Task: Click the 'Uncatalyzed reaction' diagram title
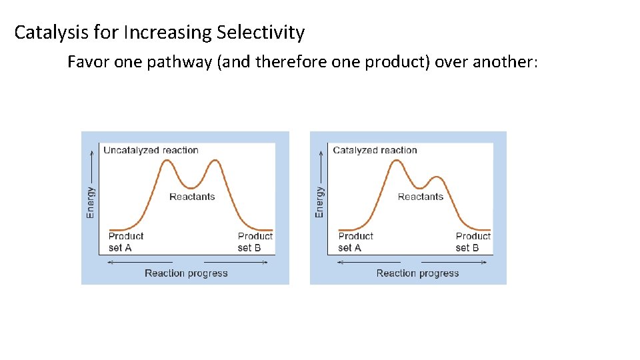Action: [151, 150]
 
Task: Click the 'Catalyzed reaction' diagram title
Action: [375, 150]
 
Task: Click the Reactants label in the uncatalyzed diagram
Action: [192, 197]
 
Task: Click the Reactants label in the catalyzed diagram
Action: [420, 197]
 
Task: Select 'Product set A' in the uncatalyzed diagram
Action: [125, 241]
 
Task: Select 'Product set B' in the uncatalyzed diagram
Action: [255, 241]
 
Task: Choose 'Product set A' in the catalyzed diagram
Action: [355, 241]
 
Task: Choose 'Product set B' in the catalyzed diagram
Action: [473, 241]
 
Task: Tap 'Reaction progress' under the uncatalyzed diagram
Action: [186, 273]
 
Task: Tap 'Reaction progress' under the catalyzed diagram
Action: [417, 273]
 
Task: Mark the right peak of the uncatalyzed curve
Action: [214, 161]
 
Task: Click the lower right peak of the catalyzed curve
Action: [436, 177]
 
